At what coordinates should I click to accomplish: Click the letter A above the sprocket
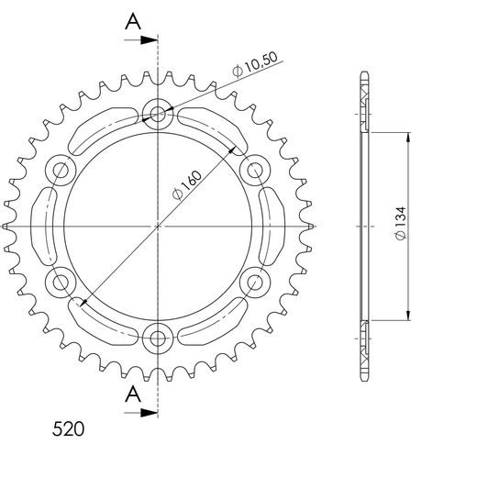tap(134, 20)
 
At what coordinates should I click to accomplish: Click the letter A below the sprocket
tap(134, 395)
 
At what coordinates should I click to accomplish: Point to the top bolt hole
tap(159, 115)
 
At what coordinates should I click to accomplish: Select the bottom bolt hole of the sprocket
tap(159, 336)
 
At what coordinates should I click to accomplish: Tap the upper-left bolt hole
tap(62, 170)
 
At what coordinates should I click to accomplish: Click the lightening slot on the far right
tap(274, 225)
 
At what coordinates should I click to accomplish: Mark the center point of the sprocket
tap(159, 225)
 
